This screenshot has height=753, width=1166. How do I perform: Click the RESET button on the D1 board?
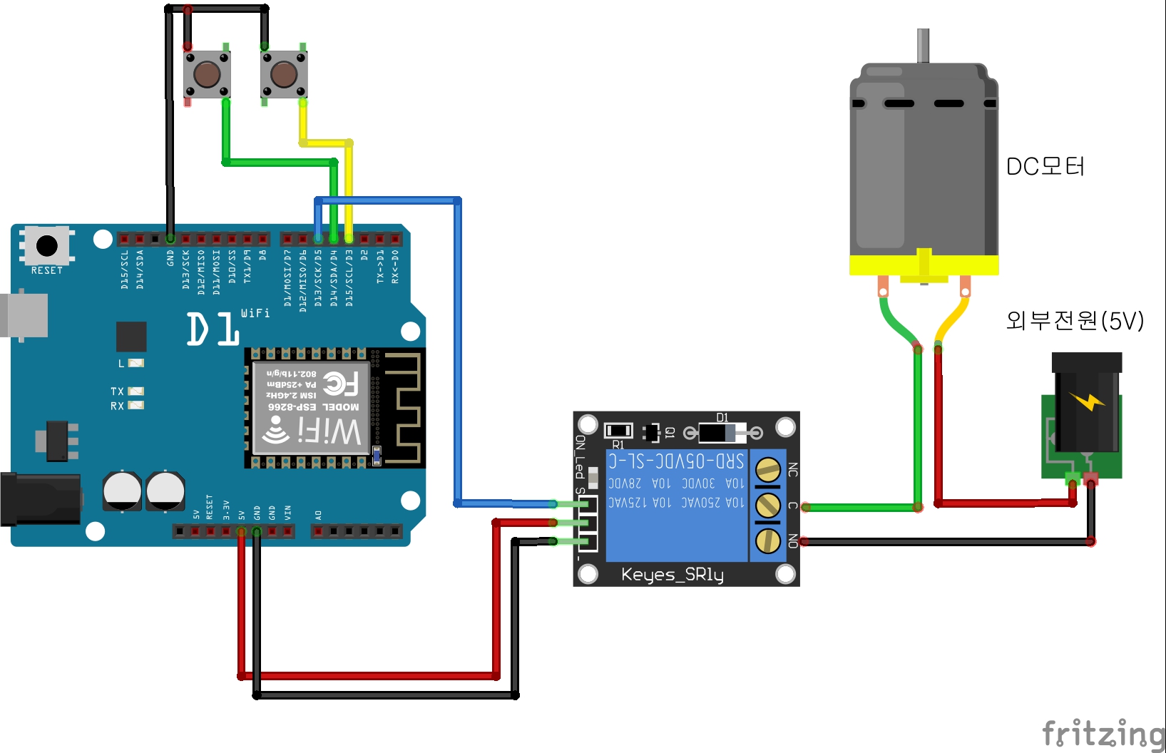(47, 246)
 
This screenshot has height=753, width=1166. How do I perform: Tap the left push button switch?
(207, 74)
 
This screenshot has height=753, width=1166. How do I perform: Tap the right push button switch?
(284, 74)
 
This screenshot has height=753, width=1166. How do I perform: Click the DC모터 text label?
(1045, 167)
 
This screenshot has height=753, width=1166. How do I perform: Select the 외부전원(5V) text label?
(1074, 321)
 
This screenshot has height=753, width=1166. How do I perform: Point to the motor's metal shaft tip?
(923, 34)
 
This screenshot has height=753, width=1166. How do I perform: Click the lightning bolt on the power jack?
(1087, 401)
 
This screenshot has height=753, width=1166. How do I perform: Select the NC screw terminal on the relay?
(768, 470)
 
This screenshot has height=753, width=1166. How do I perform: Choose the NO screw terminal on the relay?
(768, 541)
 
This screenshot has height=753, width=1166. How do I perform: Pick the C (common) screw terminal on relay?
(768, 506)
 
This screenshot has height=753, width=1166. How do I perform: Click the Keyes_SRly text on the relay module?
(672, 574)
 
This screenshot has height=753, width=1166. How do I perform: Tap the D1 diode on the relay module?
(722, 432)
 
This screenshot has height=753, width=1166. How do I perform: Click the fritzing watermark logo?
(1103, 733)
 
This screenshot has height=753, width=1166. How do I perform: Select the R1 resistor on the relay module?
(618, 430)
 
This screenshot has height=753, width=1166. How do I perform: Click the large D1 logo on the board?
(213, 329)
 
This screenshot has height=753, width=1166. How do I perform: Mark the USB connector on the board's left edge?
(24, 314)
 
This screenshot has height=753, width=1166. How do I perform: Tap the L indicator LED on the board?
(135, 363)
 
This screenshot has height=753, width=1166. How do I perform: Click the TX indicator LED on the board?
(135, 391)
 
